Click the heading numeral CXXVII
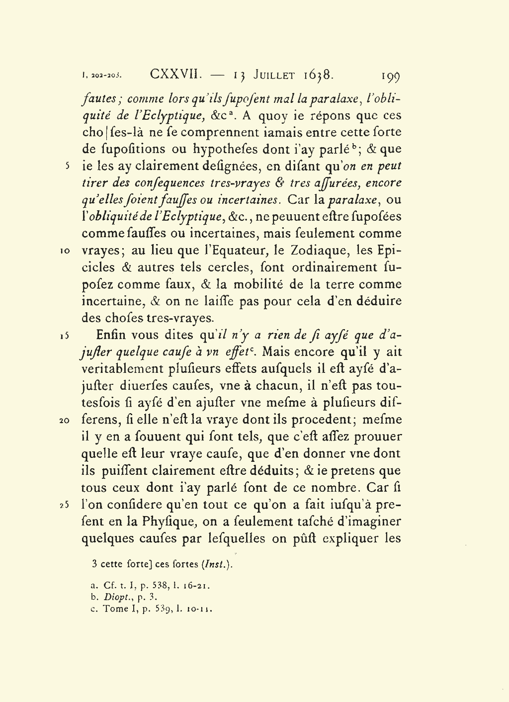point(175,75)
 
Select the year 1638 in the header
point(318,75)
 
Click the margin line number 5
point(68,166)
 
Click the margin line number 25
point(66,505)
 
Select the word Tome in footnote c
point(116,609)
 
